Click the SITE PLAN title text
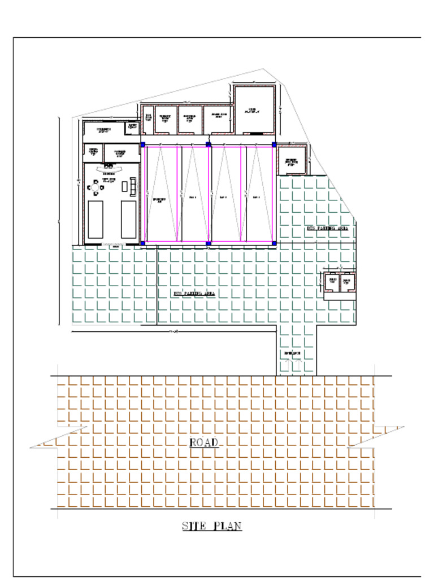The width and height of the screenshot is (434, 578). [x=212, y=526]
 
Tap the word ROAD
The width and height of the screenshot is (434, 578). [x=203, y=443]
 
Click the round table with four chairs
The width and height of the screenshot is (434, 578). [x=96, y=187]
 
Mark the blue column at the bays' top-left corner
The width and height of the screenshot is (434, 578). [x=143, y=145]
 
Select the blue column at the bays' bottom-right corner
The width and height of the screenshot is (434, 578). [x=274, y=243]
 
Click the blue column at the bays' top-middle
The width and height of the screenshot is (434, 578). [x=209, y=145]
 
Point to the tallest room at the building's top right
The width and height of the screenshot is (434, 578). [x=254, y=110]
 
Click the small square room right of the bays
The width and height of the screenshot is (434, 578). [x=292, y=160]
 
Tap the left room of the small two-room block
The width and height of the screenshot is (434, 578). [x=332, y=282]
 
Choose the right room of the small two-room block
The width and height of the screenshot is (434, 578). [x=347, y=282]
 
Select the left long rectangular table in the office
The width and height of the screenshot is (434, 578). [x=96, y=219]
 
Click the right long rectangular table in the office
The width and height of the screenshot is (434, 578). [x=129, y=219]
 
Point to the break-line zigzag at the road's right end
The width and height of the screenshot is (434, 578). [x=375, y=436]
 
